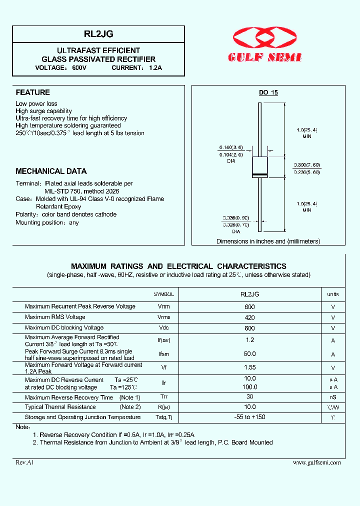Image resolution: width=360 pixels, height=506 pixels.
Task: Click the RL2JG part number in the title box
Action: click(x=98, y=33)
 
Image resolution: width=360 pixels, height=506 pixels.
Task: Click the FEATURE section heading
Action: click(x=32, y=92)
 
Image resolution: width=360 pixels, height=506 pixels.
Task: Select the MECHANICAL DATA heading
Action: click(x=51, y=171)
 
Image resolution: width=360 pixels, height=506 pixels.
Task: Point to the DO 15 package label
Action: click(x=268, y=92)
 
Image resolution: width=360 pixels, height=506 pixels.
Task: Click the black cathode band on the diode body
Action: click(x=259, y=174)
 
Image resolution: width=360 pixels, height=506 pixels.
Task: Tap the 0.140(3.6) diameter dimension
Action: click(x=230, y=147)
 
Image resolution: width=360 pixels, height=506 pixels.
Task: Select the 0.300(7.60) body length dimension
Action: click(x=307, y=165)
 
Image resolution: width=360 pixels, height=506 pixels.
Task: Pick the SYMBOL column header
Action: click(x=163, y=294)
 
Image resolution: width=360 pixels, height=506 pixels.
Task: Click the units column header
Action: click(x=332, y=294)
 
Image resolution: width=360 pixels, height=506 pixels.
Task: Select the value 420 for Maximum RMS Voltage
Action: click(x=250, y=317)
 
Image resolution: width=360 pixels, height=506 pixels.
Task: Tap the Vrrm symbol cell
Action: click(x=163, y=306)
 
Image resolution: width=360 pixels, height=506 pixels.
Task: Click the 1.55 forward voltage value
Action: click(x=250, y=367)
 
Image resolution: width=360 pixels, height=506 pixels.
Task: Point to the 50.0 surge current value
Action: click(x=250, y=353)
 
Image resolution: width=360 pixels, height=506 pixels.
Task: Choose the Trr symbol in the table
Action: click(x=163, y=397)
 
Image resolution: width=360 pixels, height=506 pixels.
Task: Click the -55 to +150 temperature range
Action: click(x=250, y=417)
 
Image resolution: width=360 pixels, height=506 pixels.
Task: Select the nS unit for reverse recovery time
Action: click(x=333, y=397)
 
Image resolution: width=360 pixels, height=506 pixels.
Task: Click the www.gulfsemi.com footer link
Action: click(x=316, y=462)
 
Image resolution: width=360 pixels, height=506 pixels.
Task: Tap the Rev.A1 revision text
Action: click(x=24, y=462)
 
